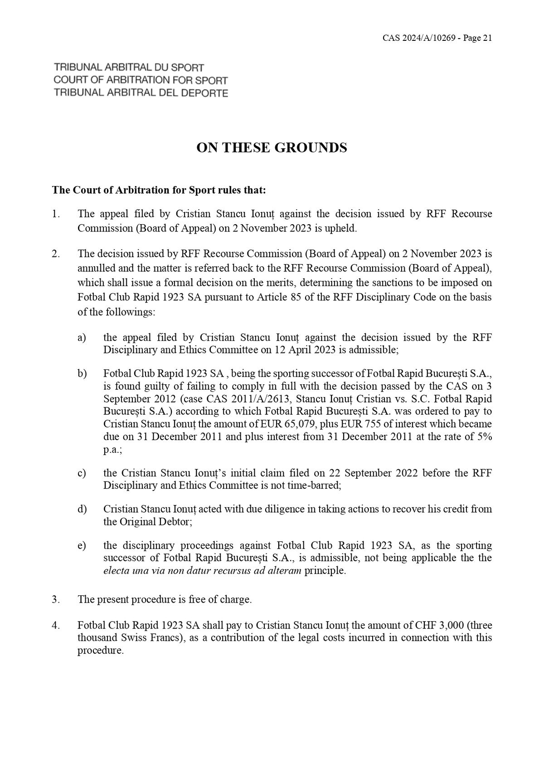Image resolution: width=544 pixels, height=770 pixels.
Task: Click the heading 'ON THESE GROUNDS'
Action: click(272, 148)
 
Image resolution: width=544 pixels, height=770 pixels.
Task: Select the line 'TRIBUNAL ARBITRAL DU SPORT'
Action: click(129, 68)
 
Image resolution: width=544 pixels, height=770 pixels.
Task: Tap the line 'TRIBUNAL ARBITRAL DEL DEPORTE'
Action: click(141, 93)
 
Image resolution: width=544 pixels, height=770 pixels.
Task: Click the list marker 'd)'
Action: click(82, 509)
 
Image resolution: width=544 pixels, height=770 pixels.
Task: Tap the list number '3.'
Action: click(56, 599)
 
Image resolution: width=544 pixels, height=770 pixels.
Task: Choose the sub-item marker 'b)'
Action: click(82, 373)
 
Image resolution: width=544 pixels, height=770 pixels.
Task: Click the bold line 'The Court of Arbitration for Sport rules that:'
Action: click(159, 190)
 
